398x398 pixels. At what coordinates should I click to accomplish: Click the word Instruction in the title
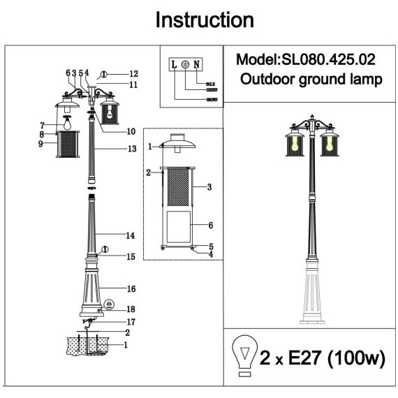(x=204, y=20)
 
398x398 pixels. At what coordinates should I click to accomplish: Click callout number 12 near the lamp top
(x=133, y=74)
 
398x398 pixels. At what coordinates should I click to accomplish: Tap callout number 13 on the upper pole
(x=132, y=149)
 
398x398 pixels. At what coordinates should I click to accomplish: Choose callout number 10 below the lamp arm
(x=131, y=131)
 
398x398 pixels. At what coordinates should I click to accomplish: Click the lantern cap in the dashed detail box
(x=179, y=142)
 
